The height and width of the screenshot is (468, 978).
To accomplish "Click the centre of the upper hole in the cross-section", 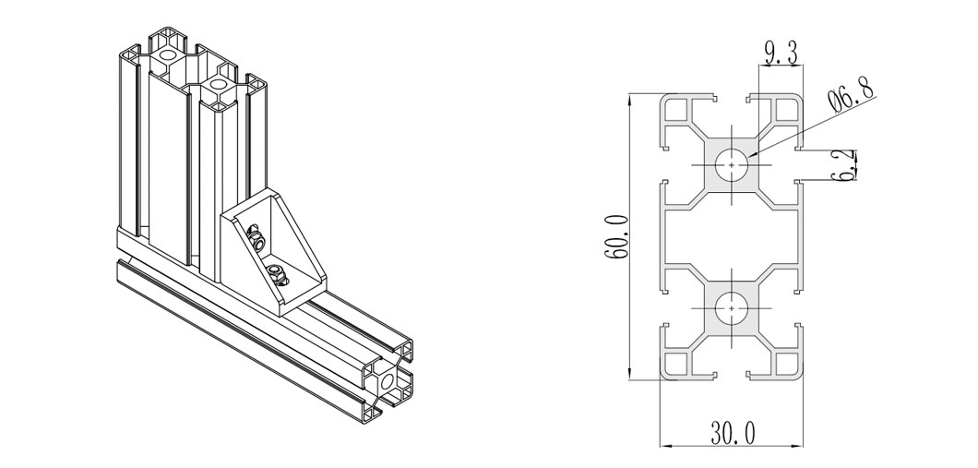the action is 732,165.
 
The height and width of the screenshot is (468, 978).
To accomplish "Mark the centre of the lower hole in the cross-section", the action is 732,308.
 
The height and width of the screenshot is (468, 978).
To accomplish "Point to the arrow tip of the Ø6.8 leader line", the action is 746,156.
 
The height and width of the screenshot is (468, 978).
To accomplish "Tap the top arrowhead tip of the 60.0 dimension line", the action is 630,94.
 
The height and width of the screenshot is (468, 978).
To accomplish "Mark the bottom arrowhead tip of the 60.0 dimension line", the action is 630,379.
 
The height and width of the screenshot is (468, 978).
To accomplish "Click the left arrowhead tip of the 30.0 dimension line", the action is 661,446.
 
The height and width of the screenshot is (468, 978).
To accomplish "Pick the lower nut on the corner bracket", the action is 275,273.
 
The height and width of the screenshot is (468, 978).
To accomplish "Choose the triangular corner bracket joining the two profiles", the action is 272,250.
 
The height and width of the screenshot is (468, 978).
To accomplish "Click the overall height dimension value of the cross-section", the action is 615,236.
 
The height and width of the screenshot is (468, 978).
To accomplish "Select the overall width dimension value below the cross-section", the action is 733,432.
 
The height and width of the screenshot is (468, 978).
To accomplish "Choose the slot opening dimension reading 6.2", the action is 846,165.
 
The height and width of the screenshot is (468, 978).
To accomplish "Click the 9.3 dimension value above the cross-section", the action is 781,53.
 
